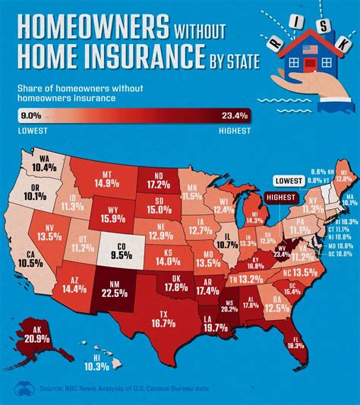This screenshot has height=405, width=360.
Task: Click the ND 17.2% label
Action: [157, 179]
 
